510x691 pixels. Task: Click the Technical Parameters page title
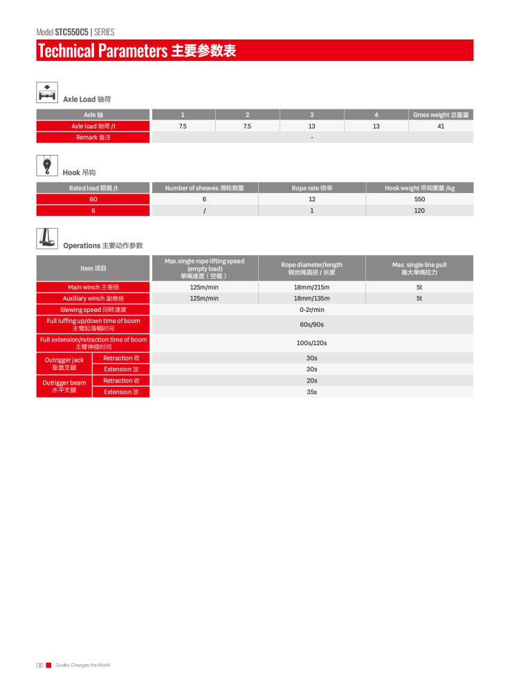tap(137, 50)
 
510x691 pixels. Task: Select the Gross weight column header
tap(441, 115)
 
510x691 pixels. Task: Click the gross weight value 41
tap(441, 127)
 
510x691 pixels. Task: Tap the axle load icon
tap(47, 93)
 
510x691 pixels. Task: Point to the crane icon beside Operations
tap(47, 239)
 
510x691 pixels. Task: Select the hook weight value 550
tap(419, 199)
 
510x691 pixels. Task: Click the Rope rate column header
tap(311, 188)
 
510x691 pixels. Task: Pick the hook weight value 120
tap(419, 210)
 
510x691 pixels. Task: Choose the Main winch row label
tap(93, 287)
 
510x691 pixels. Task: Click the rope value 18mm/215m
tap(311, 287)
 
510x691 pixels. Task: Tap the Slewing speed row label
tap(93, 310)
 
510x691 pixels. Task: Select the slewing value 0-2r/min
tap(311, 310)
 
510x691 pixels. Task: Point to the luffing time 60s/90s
tap(311, 324)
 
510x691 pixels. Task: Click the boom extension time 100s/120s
tap(311, 343)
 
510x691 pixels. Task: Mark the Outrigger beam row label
tap(64, 386)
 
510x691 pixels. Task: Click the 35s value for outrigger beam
tap(311, 392)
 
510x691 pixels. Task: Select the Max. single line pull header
tap(419, 268)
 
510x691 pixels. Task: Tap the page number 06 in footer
tap(39, 665)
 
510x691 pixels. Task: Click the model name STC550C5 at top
tap(71, 32)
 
